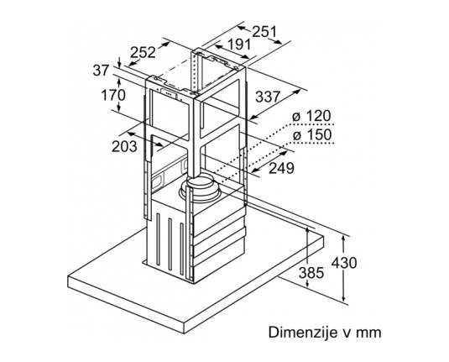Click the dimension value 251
coord(264,32)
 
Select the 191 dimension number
coord(239,45)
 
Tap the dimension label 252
coord(143,52)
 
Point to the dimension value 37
coord(101,71)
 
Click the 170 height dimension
coord(113,95)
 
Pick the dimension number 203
coord(124,147)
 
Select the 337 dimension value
coord(268,97)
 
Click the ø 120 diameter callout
coord(311,116)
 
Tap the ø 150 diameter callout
coord(311,134)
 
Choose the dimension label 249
coord(281,168)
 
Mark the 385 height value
coord(311,273)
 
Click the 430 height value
coord(344,263)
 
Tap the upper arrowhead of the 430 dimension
coord(343,239)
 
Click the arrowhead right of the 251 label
coord(277,41)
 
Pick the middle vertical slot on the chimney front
coord(170,244)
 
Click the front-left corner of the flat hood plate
coord(68,276)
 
